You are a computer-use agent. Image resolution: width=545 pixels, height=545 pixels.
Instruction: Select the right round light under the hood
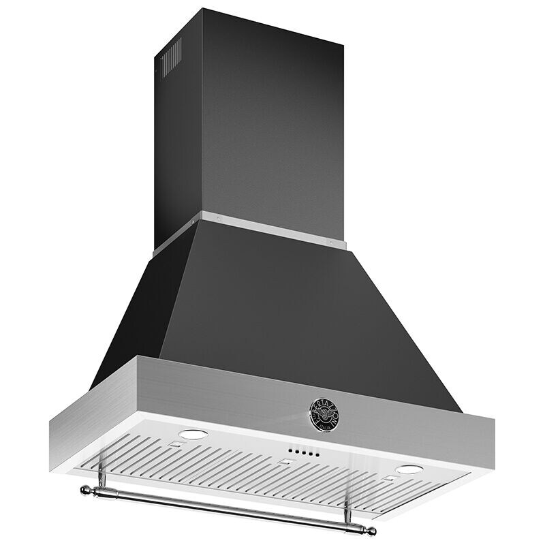409,469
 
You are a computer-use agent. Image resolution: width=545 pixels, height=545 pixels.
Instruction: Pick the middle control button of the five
300,452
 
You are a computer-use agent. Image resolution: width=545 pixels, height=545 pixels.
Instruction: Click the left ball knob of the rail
85,488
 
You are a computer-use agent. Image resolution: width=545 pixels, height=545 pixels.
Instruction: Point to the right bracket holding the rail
347,508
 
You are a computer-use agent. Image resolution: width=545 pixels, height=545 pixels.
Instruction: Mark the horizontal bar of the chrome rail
225,509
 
